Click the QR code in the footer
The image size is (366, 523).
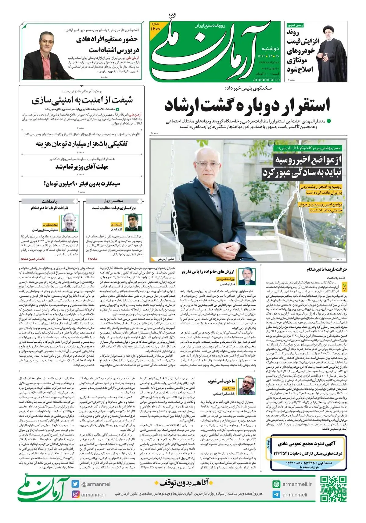pos(333,489)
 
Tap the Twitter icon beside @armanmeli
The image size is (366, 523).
pos(75,484)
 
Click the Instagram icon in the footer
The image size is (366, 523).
pos(75,494)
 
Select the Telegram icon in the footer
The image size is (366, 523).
pos(276,494)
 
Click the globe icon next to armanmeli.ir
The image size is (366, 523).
pos(276,484)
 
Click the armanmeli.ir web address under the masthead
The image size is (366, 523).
pos(267,79)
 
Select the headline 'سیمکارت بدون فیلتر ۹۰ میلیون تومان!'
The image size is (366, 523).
pos(82,184)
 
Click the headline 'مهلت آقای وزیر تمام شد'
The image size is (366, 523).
pos(82,167)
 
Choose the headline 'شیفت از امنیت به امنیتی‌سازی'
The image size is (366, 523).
pos(82,100)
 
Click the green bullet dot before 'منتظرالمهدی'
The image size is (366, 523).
pos(329,121)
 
